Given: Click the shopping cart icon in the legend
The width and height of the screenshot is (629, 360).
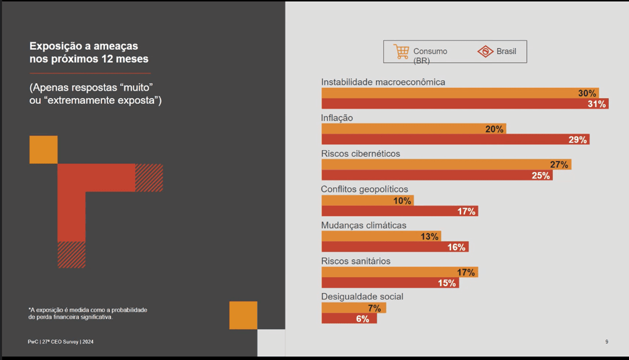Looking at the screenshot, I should (401, 51).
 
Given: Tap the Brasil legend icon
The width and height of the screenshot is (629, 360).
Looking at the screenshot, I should (485, 51).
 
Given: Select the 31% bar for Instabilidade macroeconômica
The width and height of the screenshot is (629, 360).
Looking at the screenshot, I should (465, 104).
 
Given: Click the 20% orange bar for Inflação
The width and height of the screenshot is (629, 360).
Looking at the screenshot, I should (413, 129).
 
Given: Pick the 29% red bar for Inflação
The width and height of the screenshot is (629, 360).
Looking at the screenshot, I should (455, 140).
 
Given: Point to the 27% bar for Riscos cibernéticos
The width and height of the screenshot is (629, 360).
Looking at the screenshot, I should (446, 165).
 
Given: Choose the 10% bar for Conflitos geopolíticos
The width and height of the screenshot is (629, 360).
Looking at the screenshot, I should (367, 200).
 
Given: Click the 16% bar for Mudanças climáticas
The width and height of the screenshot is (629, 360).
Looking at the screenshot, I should (395, 247).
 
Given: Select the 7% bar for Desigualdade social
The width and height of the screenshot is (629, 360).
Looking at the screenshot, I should (354, 308).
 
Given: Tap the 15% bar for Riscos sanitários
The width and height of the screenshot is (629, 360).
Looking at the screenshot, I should (390, 283).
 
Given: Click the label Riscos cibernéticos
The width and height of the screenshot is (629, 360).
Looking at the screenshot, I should (360, 153).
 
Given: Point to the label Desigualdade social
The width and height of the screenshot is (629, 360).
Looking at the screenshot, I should (362, 297).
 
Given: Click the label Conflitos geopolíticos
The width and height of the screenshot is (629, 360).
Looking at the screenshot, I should (364, 189).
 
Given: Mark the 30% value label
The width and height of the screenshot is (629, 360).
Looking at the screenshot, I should (587, 93).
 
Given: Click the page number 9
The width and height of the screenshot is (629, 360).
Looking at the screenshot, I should (606, 342).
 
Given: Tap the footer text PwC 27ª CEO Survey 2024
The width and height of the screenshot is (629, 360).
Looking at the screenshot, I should (61, 342).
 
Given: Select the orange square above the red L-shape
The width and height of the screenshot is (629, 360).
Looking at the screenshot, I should (44, 150).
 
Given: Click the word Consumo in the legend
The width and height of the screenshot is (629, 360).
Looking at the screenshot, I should (430, 51).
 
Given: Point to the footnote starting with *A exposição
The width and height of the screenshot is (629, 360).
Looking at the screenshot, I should (88, 314).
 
